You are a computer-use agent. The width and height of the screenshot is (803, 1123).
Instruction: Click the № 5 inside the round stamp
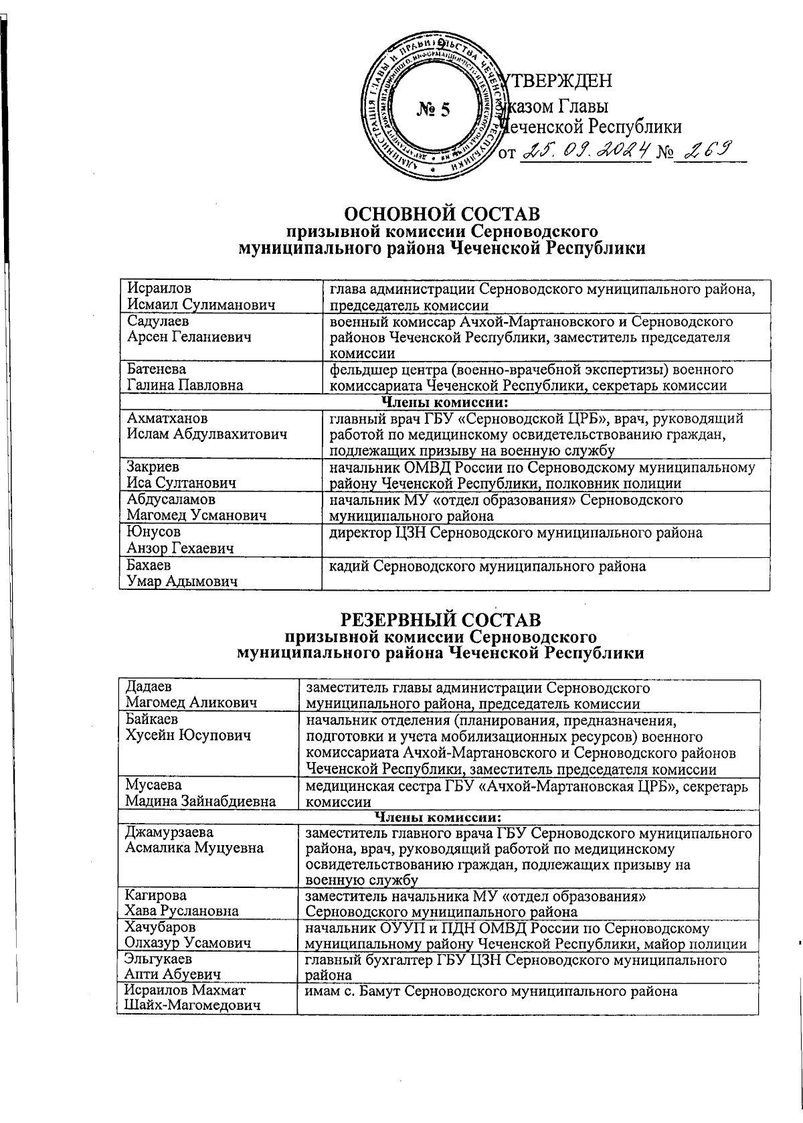tap(434, 109)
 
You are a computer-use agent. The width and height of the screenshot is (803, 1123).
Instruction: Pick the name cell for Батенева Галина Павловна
tap(221, 377)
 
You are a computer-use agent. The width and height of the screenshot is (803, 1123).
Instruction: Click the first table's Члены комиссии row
tap(444, 402)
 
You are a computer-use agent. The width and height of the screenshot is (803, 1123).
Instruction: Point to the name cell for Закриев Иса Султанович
tap(221, 475)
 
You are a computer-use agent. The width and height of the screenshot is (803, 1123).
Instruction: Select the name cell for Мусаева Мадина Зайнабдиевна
tap(207, 794)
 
